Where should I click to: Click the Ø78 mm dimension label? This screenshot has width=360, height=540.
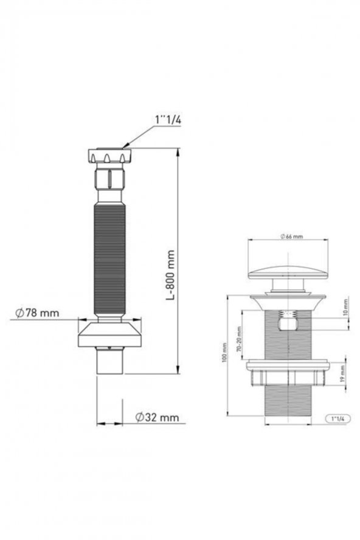tap(37, 313)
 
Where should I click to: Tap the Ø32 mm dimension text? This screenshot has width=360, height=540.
tap(157, 417)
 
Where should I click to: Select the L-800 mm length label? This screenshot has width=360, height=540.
tap(170, 275)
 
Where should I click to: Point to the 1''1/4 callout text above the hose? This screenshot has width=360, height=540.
tap(168, 120)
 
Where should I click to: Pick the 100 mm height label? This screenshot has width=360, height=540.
tap(224, 352)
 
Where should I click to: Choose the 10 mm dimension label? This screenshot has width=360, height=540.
tap(346, 307)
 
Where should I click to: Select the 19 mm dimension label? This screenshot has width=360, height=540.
tap(342, 373)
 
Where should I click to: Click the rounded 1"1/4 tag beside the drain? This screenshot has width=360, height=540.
tap(337, 418)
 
